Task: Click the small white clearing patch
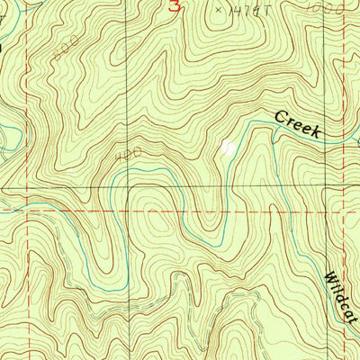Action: click(229, 146)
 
